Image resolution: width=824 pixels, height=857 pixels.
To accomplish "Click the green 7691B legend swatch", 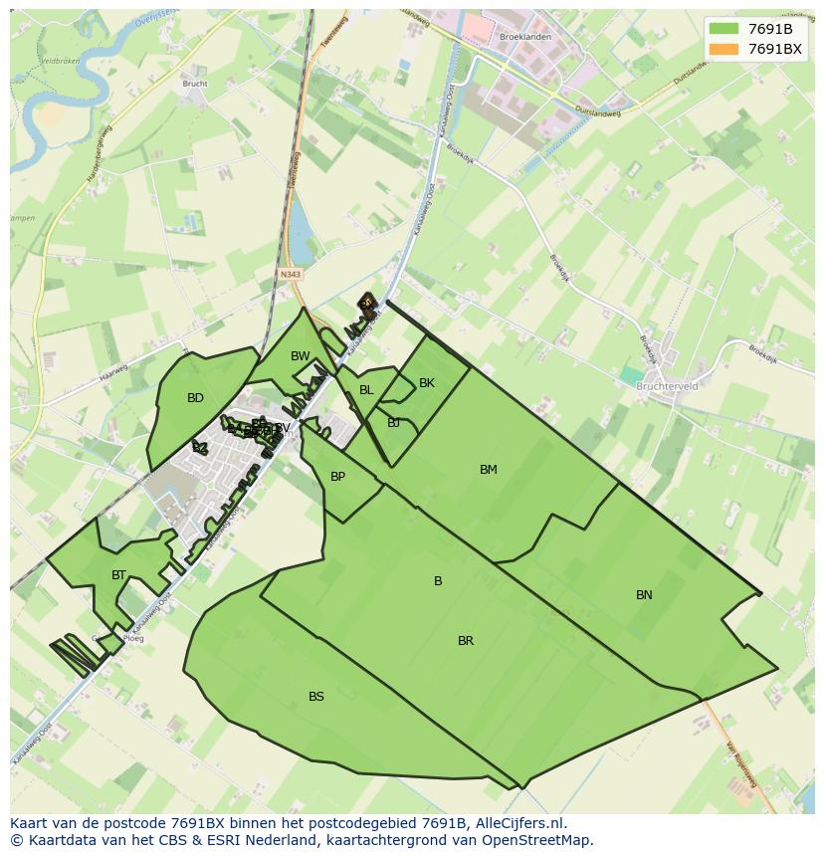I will (x=723, y=29).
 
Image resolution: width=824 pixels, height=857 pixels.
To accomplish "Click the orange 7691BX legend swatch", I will (x=723, y=49).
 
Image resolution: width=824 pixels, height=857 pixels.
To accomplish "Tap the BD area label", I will (x=195, y=398).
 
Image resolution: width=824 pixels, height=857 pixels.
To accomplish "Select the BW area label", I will (x=301, y=356).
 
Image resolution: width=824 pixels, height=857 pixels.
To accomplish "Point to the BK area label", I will (x=427, y=383).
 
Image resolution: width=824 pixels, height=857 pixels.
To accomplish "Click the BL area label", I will (x=366, y=390).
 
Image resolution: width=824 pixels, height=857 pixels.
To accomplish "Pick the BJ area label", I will (x=394, y=423).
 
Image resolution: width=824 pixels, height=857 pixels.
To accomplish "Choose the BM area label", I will (x=488, y=470).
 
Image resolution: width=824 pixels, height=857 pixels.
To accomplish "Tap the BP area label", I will (x=337, y=477).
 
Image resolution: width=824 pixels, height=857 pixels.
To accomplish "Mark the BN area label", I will (x=644, y=595).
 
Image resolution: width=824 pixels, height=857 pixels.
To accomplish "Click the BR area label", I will (x=466, y=641).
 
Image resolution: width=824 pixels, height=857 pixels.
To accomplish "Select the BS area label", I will (x=316, y=697).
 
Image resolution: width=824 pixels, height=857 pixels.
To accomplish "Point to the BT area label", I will (x=119, y=575).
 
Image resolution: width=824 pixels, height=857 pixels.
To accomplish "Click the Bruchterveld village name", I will (x=667, y=386).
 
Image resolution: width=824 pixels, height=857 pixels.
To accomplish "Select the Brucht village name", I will (x=195, y=84).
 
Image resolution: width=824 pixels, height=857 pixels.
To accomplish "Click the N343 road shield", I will (x=291, y=274).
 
